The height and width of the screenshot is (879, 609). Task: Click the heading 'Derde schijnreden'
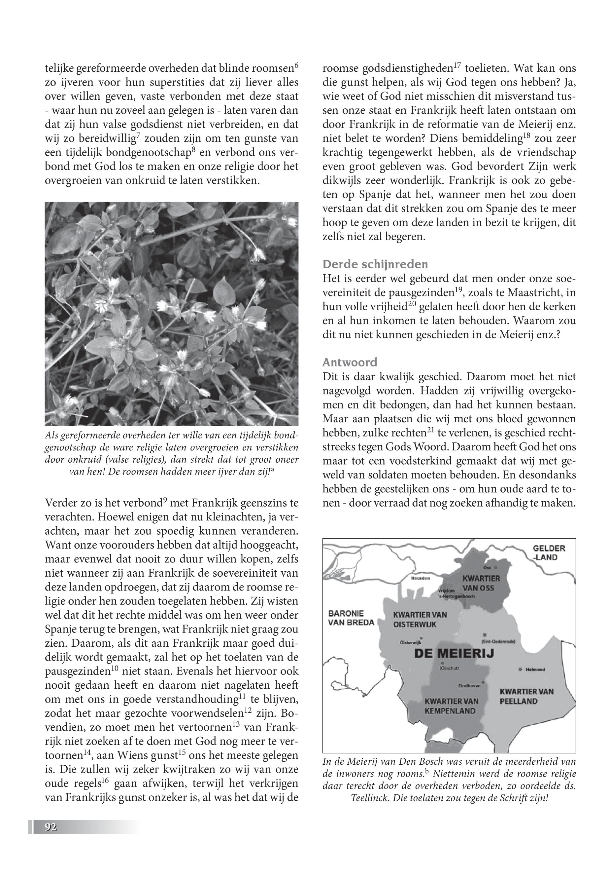point(375,264)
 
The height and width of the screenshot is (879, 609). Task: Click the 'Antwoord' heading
point(350,362)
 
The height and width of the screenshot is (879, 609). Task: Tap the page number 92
point(51,827)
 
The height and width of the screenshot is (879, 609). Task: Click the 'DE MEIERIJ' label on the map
point(454,653)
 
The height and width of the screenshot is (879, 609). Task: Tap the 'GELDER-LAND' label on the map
point(549,553)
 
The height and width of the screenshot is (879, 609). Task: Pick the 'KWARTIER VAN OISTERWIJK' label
point(420,620)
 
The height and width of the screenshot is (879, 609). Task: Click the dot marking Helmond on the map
point(520,669)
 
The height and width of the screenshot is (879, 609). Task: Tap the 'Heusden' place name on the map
point(420,578)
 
